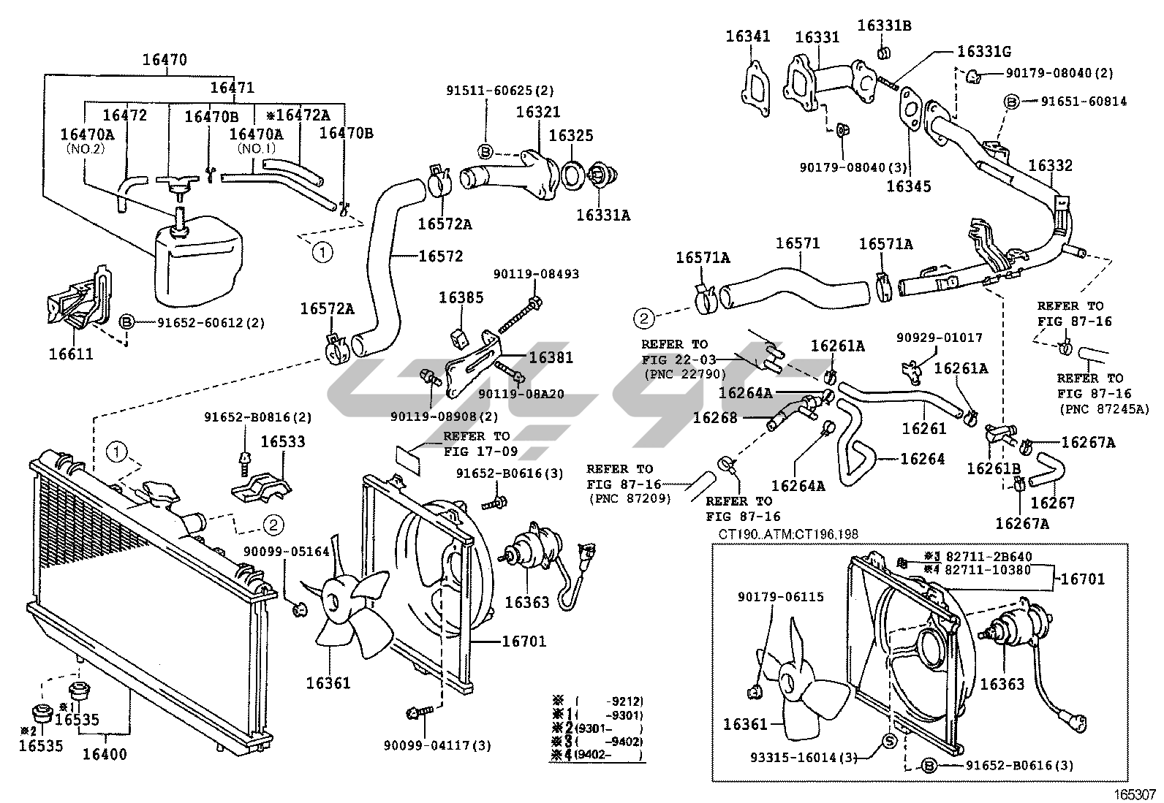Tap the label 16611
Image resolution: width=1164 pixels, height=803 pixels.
71,354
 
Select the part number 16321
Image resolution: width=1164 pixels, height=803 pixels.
537,112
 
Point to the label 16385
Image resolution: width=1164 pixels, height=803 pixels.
461,297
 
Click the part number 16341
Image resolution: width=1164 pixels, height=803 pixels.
748,35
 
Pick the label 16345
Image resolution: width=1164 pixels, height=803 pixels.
909,186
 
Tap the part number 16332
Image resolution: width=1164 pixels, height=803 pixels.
1051,165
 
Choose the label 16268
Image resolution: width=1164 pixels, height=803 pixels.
715,417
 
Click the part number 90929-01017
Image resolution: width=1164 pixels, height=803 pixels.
940,338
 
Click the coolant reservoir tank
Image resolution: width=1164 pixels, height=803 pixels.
195,263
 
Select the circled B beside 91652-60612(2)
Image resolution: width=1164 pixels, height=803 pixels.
126,322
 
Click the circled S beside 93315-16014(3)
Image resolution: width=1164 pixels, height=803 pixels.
890,741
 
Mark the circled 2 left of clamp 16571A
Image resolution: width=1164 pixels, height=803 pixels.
644,317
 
